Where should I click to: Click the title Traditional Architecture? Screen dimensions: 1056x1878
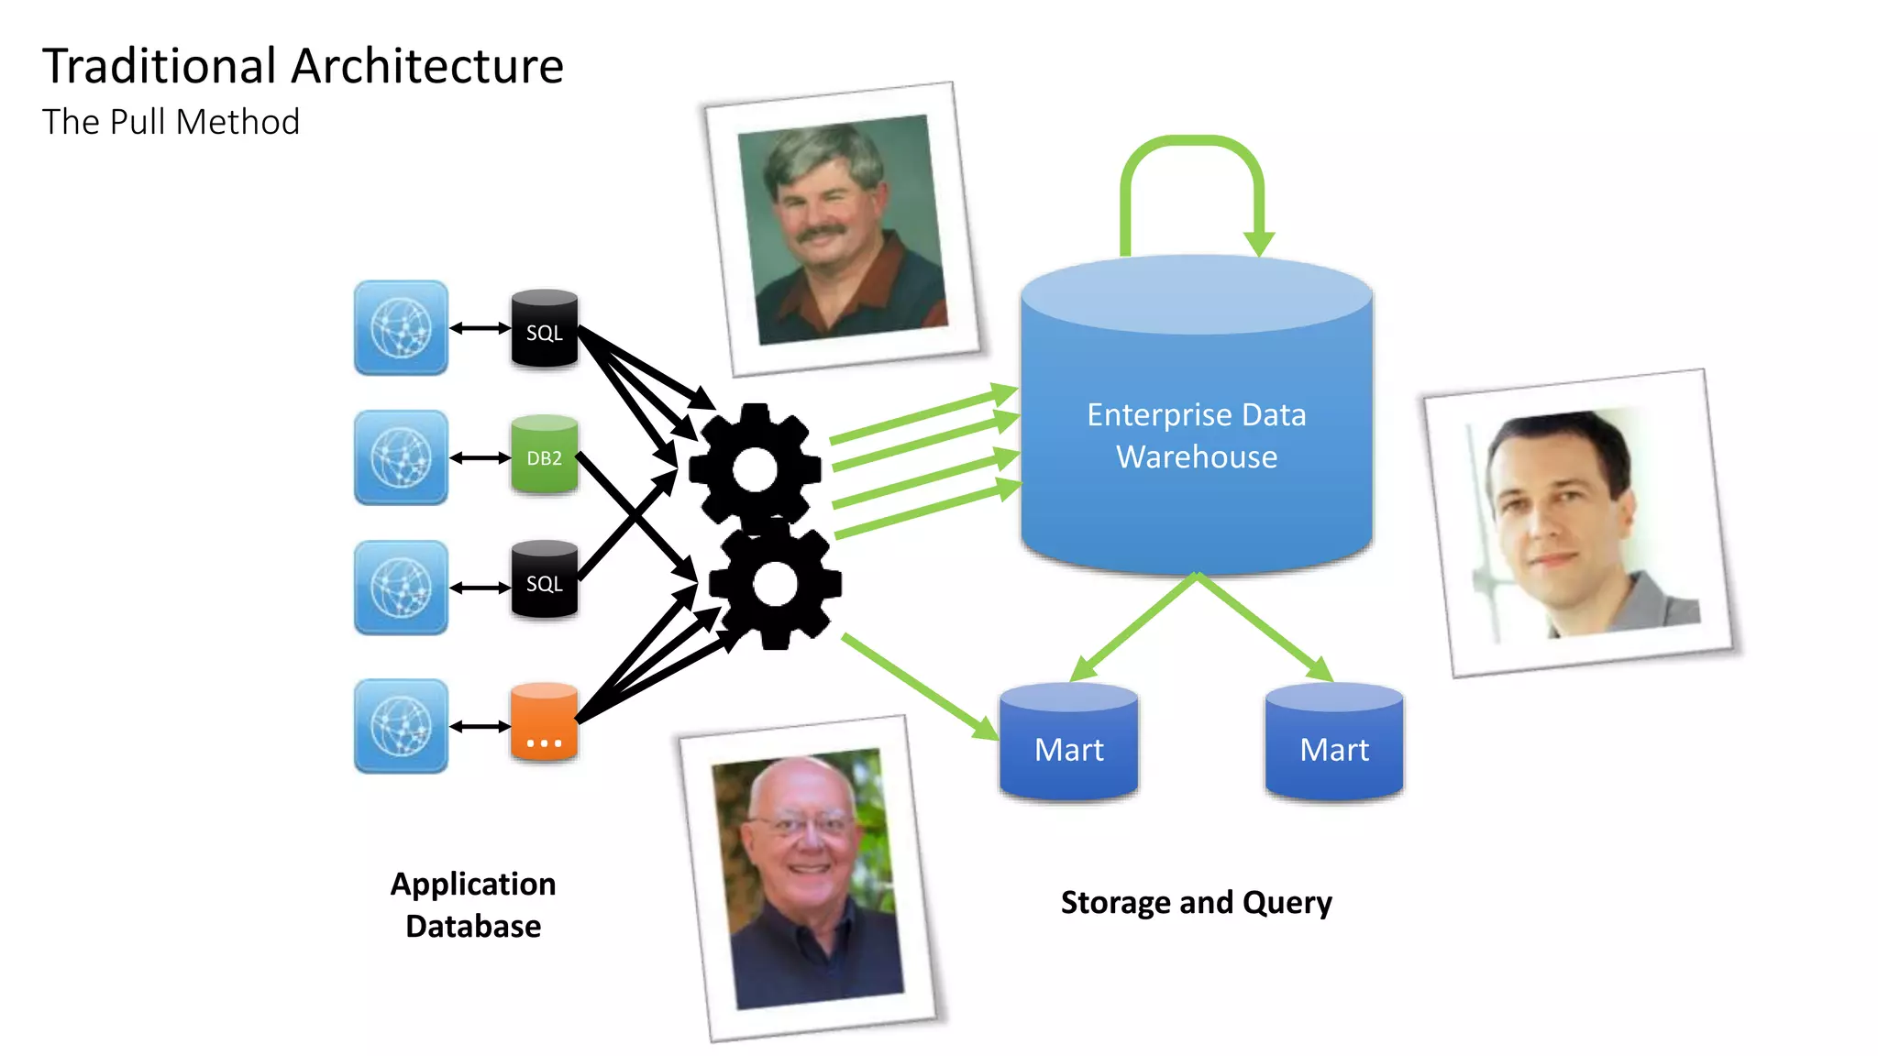point(303,66)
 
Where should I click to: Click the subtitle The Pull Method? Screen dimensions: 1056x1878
point(171,122)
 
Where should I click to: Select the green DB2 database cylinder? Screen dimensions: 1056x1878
point(544,456)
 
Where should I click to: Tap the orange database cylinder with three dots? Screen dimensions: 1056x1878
point(544,723)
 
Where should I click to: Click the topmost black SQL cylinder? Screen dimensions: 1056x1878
point(544,329)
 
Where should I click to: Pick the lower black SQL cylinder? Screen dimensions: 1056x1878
point(544,580)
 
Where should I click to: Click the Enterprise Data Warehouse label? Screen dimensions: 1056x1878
point(1196,435)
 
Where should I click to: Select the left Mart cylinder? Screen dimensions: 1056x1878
point(1068,743)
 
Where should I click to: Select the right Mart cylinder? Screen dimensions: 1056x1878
point(1333,743)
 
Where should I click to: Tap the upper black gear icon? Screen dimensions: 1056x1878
point(755,467)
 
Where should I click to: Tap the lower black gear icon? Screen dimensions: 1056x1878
point(776,585)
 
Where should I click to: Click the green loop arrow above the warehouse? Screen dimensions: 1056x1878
point(1192,147)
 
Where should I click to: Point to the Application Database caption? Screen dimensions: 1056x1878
point(473,904)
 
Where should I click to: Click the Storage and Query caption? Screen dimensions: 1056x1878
point(1196,902)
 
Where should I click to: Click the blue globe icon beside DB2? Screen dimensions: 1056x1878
point(401,456)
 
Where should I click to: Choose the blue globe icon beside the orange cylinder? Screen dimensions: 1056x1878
point(401,726)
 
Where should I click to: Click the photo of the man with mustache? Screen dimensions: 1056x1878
point(842,229)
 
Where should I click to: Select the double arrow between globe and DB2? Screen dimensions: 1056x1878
point(480,456)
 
